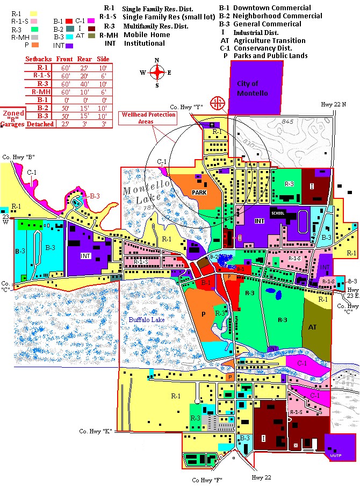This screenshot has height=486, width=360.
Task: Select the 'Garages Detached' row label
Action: pyautogui.click(x=28, y=124)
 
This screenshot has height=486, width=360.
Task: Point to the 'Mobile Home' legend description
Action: pyautogui.click(x=146, y=35)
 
